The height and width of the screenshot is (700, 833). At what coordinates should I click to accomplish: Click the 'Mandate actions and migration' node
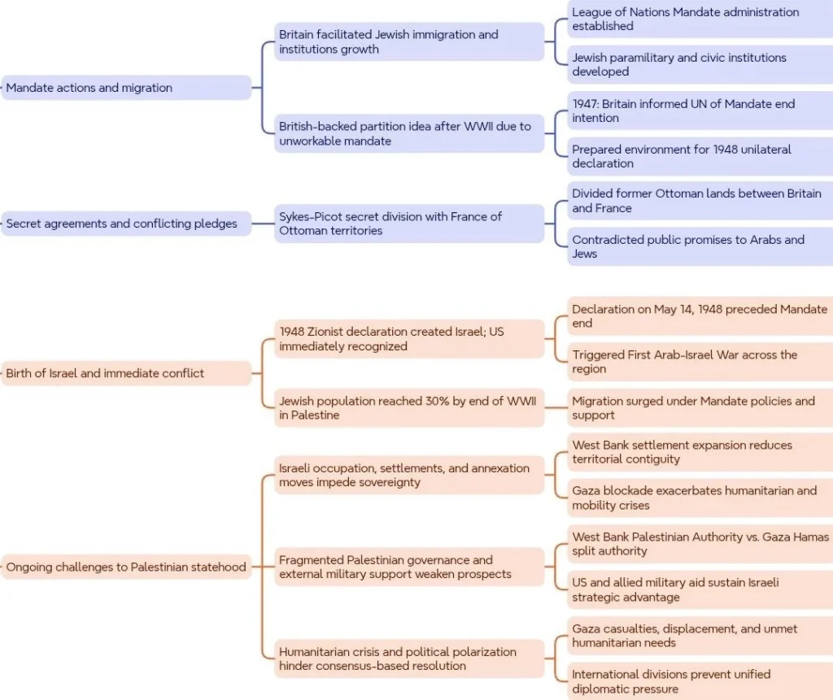point(126,88)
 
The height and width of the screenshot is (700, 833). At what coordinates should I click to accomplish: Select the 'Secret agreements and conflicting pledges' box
point(126,224)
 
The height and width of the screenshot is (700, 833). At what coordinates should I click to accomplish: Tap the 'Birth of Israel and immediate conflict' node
point(126,373)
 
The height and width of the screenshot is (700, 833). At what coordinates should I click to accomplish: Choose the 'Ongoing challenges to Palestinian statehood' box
point(126,567)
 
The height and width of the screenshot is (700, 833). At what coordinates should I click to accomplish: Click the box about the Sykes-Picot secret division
point(409,224)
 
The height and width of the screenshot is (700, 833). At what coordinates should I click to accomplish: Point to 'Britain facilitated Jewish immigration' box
point(409,41)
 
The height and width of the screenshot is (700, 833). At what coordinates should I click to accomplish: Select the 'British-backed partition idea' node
point(409,133)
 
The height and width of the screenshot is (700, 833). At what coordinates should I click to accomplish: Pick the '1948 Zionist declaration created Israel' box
point(409,339)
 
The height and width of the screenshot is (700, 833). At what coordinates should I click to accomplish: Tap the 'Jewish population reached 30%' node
point(409,408)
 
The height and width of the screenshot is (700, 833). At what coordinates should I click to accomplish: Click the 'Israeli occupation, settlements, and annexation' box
point(409,475)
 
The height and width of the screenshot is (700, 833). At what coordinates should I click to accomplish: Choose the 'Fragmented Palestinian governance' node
point(409,567)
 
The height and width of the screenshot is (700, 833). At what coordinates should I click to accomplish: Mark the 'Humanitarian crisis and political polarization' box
point(409,659)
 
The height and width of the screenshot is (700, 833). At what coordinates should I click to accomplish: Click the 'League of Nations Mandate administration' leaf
point(700,19)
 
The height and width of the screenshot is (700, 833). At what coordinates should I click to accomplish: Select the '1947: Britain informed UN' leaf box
point(700,111)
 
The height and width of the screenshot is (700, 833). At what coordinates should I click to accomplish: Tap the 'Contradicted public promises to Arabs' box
point(700,246)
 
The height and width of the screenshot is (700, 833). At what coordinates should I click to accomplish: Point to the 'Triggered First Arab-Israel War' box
point(700,362)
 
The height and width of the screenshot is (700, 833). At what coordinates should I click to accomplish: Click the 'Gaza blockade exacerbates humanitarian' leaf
point(700,498)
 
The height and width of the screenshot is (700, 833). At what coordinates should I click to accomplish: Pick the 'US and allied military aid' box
point(700,589)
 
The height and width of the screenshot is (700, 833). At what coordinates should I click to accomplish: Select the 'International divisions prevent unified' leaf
point(700,681)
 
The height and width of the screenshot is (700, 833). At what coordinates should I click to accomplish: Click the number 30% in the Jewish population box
point(437,401)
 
